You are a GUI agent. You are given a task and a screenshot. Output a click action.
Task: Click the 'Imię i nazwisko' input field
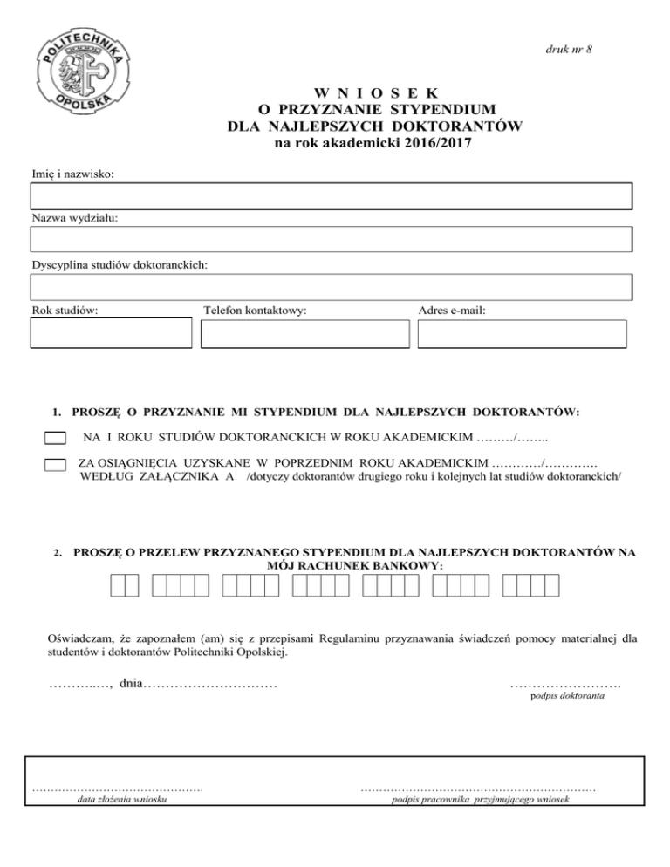click(x=331, y=196)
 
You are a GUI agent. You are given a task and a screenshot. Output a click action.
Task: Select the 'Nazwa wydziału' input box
click(x=331, y=238)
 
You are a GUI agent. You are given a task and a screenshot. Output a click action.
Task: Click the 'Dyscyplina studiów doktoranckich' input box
click(x=331, y=285)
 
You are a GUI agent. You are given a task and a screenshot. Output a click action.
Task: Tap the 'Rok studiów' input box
click(x=111, y=334)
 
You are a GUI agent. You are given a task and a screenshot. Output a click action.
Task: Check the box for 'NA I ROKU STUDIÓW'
click(x=55, y=438)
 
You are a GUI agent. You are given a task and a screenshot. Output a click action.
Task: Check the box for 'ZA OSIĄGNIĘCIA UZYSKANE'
click(x=55, y=466)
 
